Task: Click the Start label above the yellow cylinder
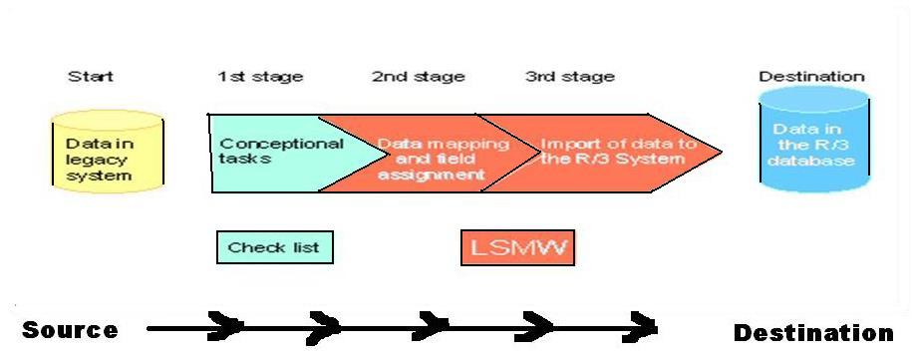(x=90, y=76)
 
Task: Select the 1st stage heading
(x=260, y=76)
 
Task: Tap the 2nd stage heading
(x=418, y=76)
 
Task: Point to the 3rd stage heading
(x=569, y=76)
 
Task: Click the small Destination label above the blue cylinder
(x=811, y=76)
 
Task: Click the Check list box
(x=274, y=246)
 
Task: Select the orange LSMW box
(x=517, y=247)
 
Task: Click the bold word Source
(x=70, y=330)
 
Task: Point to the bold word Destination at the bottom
(x=813, y=332)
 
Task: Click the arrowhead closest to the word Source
(x=227, y=326)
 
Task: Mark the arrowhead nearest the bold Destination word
(x=643, y=326)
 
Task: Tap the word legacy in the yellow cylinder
(x=93, y=160)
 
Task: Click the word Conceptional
(x=281, y=144)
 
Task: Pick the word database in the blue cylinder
(x=813, y=160)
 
